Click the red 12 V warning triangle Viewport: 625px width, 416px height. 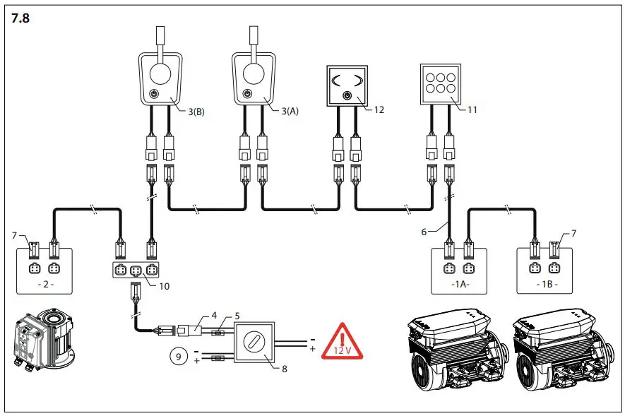click(x=343, y=342)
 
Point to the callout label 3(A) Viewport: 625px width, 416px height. click(x=291, y=111)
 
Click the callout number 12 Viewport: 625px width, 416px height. click(x=379, y=109)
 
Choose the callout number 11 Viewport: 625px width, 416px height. click(x=472, y=109)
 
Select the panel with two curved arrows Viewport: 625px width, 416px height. click(x=346, y=85)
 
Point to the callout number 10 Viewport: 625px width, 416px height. click(x=165, y=286)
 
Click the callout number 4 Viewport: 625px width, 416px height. click(x=215, y=315)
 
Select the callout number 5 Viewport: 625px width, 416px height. click(x=238, y=315)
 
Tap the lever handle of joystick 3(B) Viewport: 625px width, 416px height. click(x=160, y=40)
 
